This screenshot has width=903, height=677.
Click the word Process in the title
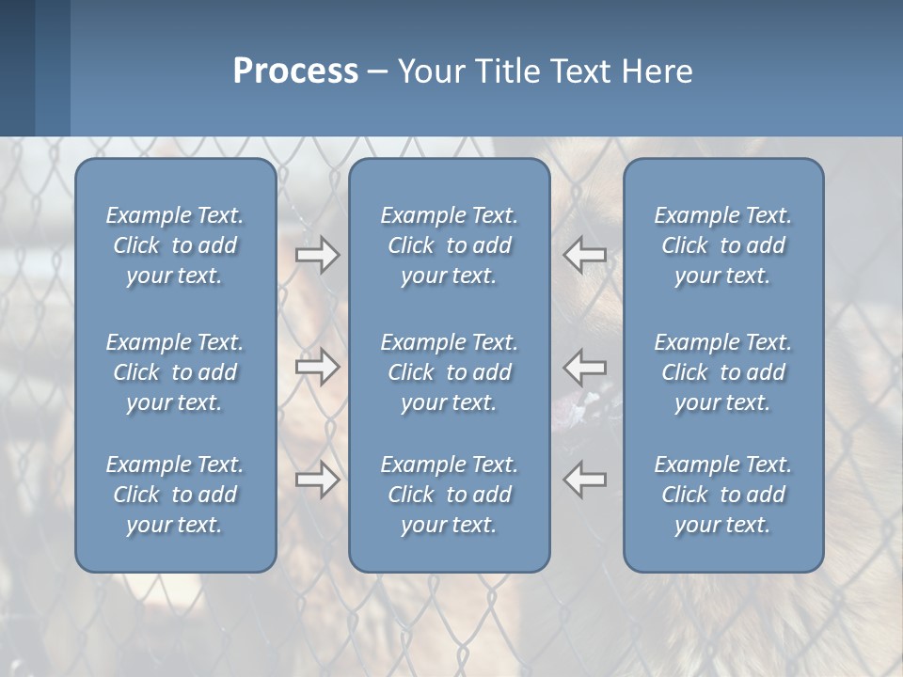click(295, 71)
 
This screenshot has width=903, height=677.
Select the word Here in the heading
click(657, 71)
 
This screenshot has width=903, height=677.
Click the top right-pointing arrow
click(318, 255)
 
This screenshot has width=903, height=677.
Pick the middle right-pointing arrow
click(318, 367)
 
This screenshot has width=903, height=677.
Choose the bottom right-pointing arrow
click(318, 480)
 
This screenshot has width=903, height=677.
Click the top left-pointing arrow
click(584, 255)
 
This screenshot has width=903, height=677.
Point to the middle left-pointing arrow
click(584, 367)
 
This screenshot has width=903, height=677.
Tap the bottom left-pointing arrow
click(584, 480)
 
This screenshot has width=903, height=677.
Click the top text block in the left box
click(175, 245)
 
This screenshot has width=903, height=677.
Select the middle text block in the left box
click(175, 372)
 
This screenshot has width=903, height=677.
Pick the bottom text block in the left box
click(175, 495)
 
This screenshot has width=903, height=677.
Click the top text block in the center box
click(450, 245)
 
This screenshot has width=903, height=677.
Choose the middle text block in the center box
click(450, 372)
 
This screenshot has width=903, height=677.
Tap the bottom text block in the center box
click(450, 495)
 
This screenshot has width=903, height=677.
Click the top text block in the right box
click(723, 245)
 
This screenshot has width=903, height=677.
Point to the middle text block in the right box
click(723, 372)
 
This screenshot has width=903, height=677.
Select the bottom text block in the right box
click(723, 495)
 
